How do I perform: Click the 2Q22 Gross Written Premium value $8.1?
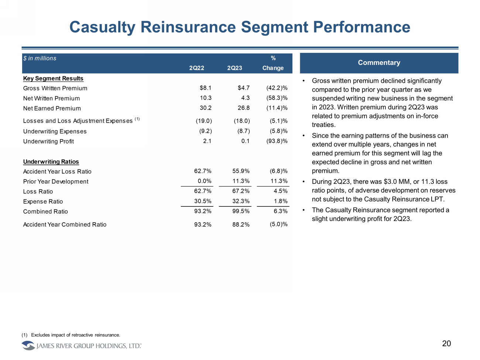point(205,88)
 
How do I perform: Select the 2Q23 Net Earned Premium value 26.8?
point(243,108)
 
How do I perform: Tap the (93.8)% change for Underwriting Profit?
point(277,141)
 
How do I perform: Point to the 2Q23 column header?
point(234,68)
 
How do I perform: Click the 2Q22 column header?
point(196,68)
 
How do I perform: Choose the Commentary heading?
point(379,63)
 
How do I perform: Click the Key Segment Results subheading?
point(53,78)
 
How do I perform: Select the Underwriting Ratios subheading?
point(51,162)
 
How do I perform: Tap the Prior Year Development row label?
point(56,182)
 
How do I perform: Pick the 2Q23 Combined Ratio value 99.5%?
point(241,211)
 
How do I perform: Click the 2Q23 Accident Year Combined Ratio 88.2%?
point(241,224)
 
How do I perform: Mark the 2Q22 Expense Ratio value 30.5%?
point(203,201)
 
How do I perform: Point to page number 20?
point(446,344)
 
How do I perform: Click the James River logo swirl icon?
point(28,346)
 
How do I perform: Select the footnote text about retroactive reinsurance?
point(75,335)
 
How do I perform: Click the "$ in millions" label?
point(40,58)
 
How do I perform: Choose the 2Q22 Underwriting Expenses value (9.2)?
point(204,131)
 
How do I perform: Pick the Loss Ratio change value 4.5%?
point(280,191)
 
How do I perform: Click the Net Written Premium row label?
point(51,99)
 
